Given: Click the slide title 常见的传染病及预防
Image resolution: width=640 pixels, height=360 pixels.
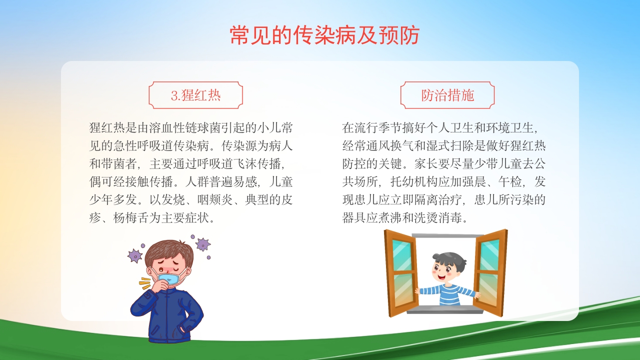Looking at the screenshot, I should click(324, 35).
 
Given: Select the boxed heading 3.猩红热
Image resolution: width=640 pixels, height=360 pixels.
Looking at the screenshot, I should click(195, 95).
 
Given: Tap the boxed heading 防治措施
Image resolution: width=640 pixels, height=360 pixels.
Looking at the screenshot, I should click(447, 95).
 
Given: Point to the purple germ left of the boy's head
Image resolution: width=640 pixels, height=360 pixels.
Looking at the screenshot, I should click(135, 256).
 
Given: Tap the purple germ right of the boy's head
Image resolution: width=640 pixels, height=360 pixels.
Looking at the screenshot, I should click(202, 244).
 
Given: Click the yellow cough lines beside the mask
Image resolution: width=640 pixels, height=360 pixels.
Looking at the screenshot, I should click(144, 283).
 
